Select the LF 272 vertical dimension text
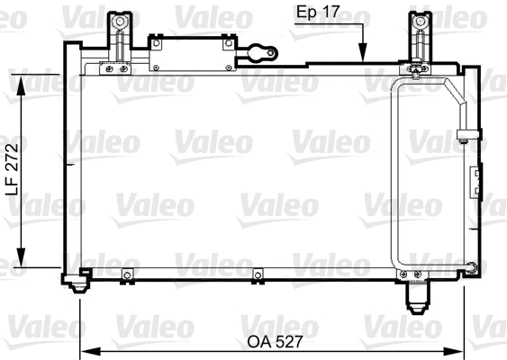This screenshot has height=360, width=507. pyautogui.click(x=13, y=170)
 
